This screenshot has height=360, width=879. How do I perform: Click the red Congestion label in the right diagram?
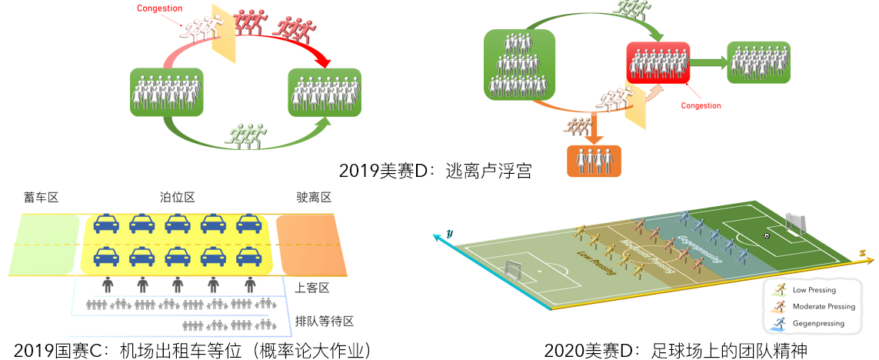701,105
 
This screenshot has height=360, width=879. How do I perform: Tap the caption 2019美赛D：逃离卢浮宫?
435,170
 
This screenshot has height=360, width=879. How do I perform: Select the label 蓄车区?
42,198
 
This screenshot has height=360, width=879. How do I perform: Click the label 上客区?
312,288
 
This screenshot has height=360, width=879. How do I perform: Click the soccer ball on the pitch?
766,235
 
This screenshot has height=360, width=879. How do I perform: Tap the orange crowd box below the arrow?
593,160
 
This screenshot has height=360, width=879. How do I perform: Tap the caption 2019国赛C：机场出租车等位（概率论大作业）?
192,351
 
